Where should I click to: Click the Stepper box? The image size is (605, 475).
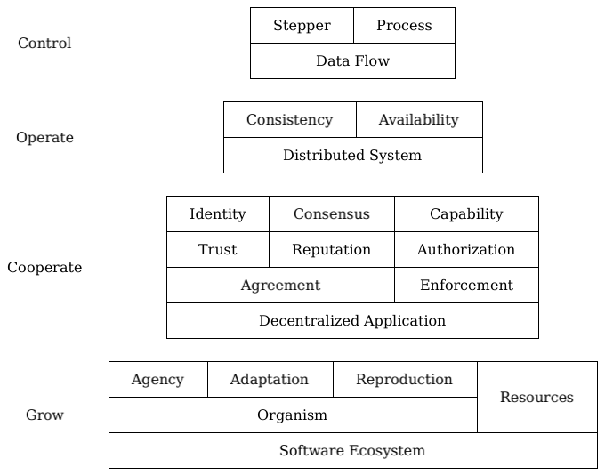tap(302, 26)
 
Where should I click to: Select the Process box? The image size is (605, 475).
tap(404, 26)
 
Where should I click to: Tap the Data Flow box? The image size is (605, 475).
tap(352, 61)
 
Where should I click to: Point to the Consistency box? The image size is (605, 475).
tap(289, 119)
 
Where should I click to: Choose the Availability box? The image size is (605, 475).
tap(419, 119)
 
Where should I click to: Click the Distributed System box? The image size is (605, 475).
tap(352, 156)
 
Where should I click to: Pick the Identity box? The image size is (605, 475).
tap(217, 214)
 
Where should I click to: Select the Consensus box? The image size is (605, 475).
tap(331, 214)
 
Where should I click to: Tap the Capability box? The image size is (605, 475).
tap(466, 214)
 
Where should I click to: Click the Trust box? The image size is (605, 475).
tap(217, 250)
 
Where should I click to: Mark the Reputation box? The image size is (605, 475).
tap(331, 250)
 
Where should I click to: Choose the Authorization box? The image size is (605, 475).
tap(466, 250)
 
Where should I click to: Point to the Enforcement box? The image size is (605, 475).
tap(466, 286)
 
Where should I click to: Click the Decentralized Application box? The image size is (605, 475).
tap(352, 321)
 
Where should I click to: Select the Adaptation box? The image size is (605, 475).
tap(270, 380)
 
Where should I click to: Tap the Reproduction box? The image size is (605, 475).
tap(405, 380)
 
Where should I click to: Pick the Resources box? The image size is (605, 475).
tap(536, 398)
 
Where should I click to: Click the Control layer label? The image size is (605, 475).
tap(44, 44)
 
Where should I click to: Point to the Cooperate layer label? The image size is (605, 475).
tap(44, 268)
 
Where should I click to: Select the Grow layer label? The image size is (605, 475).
tap(44, 415)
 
